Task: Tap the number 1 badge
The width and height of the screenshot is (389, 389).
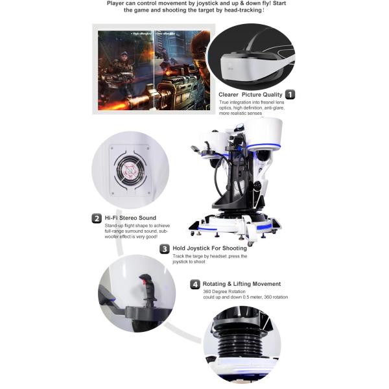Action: click(290, 94)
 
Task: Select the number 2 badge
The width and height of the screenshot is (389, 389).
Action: click(96, 218)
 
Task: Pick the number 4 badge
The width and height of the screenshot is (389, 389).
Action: click(195, 284)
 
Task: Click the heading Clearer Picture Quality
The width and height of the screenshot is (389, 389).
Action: click(250, 95)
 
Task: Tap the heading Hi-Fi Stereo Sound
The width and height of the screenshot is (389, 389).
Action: click(130, 218)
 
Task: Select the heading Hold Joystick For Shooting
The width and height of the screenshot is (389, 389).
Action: click(209, 248)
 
